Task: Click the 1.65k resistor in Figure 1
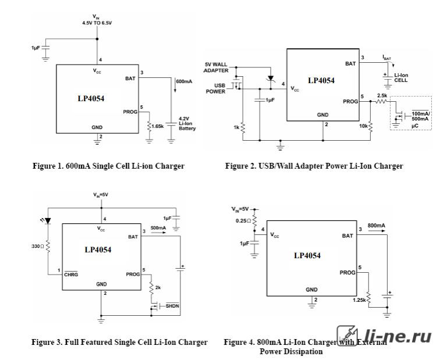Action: tap(149, 126)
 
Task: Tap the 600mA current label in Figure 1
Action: tap(184, 81)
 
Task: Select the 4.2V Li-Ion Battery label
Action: tap(187, 124)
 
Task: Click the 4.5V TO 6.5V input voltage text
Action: tap(97, 23)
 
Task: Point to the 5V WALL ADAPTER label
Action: tap(216, 67)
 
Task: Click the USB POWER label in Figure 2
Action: tap(216, 88)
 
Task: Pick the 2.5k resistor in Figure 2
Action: tap(381, 101)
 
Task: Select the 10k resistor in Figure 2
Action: tap(370, 126)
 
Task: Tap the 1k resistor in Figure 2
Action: tap(243, 127)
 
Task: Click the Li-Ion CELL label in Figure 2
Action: tap(401, 78)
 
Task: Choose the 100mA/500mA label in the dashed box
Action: tap(420, 116)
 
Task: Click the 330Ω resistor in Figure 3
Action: tap(48, 247)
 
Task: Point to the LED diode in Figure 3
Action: tap(48, 221)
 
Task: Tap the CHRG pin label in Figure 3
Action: tap(71, 275)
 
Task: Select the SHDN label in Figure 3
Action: tap(172, 306)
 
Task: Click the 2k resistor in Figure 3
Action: tap(151, 288)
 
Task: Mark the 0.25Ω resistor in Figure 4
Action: tap(254, 220)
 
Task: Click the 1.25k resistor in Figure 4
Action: tap(368, 298)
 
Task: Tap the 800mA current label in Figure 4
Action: tap(377, 226)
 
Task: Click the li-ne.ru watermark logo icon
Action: tap(347, 336)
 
